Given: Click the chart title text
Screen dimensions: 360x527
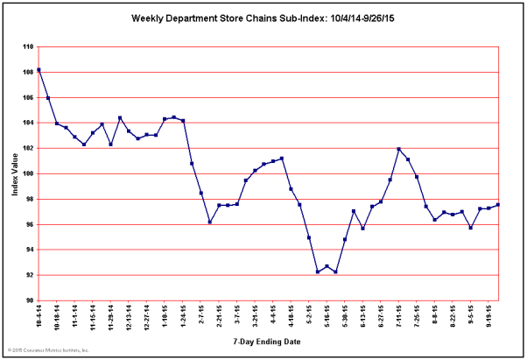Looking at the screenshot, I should point(263,17).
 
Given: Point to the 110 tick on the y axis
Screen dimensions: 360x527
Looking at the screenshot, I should point(29,46).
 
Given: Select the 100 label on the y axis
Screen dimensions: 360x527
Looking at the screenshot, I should point(29,173).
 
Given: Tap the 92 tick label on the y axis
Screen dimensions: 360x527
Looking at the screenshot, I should point(30,275).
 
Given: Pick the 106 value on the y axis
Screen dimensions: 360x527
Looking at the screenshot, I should point(29,97).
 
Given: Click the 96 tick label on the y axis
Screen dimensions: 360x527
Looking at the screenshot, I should point(30,224).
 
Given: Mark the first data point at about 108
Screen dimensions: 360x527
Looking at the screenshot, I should point(39,70).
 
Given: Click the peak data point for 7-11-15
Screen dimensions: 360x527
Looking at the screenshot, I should point(399,149).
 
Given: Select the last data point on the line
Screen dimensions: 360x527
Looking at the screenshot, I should point(497,205).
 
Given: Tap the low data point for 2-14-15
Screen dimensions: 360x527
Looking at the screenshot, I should point(210,222).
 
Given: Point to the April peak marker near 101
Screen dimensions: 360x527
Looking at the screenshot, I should point(282,159).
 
